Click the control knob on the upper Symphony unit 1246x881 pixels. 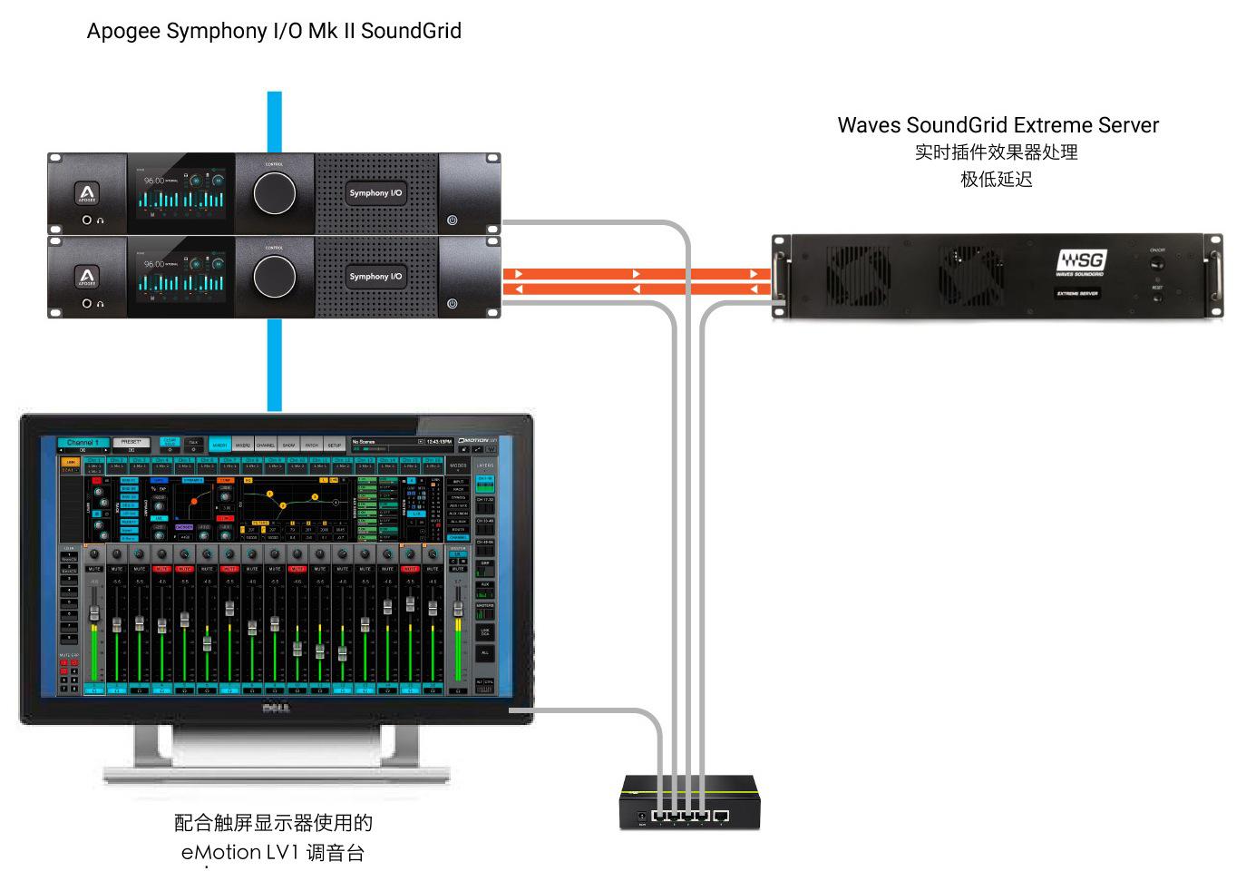274,192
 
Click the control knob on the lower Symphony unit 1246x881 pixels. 274,276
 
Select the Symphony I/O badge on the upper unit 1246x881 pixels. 375,193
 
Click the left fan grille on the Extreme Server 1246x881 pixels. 858,275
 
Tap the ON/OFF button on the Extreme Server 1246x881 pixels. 1157,264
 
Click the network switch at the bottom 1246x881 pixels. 689,803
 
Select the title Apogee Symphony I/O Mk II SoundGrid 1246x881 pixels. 274,31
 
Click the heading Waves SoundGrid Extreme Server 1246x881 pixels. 998,125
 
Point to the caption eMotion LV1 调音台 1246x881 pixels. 273,852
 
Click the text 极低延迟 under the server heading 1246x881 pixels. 997,180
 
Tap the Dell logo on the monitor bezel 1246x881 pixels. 276,708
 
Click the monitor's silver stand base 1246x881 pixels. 277,774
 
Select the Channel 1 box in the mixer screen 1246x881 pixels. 83,443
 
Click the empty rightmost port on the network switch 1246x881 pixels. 721,816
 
